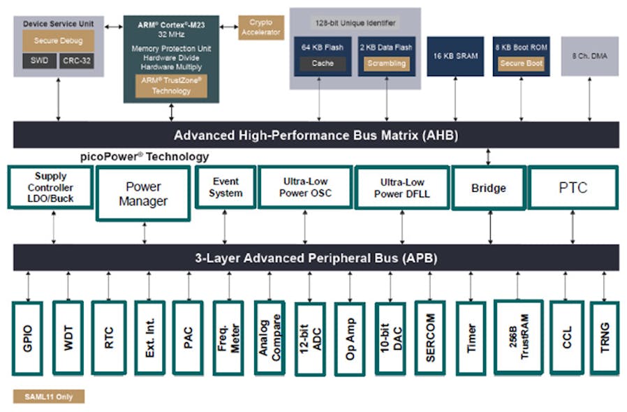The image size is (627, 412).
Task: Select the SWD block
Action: (39, 61)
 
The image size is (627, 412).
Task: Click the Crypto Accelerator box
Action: (261, 28)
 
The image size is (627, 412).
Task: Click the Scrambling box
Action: (386, 64)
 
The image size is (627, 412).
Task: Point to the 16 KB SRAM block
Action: (455, 56)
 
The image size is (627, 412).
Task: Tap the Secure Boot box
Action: (521, 64)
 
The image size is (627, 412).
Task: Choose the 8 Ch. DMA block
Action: (589, 56)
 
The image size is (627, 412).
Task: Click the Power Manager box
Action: (142, 193)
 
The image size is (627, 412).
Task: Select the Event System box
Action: (226, 187)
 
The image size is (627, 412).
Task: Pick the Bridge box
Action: (488, 188)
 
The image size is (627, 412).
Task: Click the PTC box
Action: (573, 187)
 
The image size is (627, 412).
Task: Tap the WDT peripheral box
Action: (68, 337)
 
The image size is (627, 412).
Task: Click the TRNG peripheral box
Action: (604, 337)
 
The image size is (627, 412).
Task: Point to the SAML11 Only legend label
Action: (48, 397)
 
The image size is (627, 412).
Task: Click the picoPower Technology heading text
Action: (145, 157)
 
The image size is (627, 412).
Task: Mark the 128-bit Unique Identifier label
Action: (355, 23)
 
